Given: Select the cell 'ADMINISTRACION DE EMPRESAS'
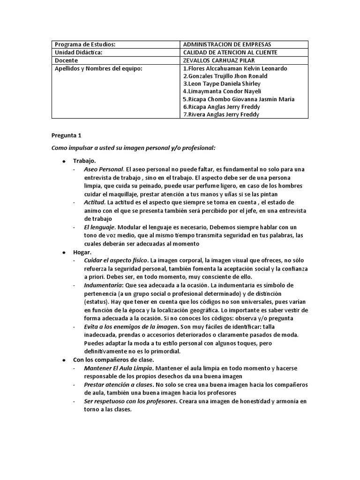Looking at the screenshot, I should tap(227, 45).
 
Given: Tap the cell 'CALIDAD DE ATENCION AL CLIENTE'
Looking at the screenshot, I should tap(230, 53).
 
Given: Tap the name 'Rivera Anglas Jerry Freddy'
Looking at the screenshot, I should tap(222, 114).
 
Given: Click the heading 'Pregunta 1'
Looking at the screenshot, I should tap(66, 136).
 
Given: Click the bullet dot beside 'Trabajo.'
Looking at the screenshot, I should tap(63, 161).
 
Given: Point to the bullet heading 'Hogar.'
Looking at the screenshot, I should tap(82, 252).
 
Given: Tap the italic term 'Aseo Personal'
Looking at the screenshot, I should tap(104, 169).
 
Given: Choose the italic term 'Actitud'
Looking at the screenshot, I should tap(94, 202).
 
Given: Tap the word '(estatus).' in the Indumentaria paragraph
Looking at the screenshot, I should tap(97, 302).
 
